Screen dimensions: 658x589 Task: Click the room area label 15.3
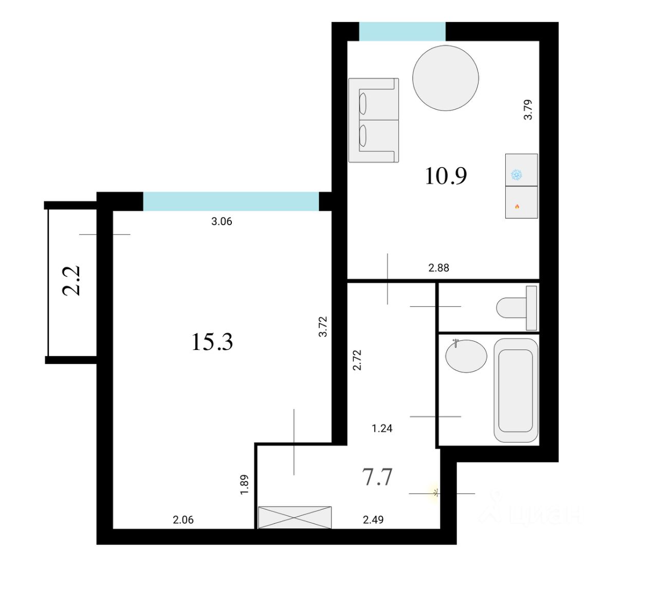pos(212,342)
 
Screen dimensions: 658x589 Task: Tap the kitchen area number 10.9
pos(446,176)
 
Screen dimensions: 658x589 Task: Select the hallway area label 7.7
pos(377,477)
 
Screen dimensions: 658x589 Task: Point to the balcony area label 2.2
pos(71,281)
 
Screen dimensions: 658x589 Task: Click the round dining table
pos(445,78)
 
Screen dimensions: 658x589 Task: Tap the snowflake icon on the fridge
pos(517,175)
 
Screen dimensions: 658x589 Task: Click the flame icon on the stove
pos(517,206)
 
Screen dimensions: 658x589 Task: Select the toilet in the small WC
pos(517,308)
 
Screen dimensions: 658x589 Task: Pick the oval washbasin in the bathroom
pos(466,356)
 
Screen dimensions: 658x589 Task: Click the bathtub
pos(516,390)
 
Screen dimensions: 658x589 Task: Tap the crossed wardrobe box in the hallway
pos(295,517)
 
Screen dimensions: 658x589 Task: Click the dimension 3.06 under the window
pos(222,222)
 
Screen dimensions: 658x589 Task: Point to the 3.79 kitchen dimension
pos(528,110)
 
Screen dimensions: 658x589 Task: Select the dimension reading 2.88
pos(439,268)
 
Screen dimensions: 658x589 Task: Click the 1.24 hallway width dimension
pos(382,429)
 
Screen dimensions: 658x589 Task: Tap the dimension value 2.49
pos(373,520)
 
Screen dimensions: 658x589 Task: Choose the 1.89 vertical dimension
pos(244,485)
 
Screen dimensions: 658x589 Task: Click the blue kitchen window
pos(402,31)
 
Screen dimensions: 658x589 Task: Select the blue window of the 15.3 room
pos(231,201)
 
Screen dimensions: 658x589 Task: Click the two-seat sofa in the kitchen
pos(374,120)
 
